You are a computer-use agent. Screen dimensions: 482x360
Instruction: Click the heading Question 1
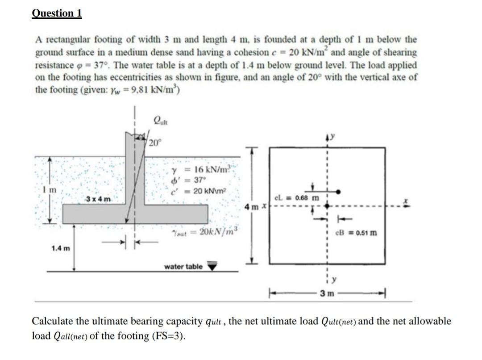[57, 13]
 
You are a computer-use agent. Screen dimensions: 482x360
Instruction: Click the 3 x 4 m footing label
[99, 198]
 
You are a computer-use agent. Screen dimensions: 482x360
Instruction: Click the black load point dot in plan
[339, 191]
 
